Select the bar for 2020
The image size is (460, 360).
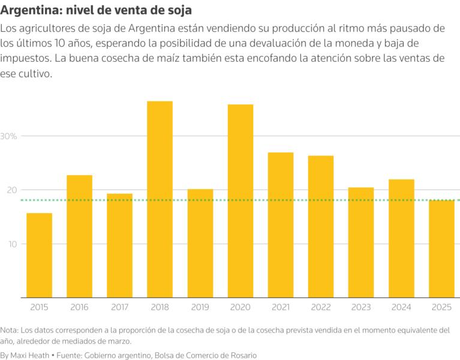tap(240, 201)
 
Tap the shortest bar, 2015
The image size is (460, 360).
tap(39, 255)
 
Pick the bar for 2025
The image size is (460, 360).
tap(441, 248)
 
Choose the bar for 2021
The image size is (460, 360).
tap(281, 225)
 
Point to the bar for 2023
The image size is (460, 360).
tap(361, 242)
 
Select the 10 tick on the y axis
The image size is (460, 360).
tap(11, 244)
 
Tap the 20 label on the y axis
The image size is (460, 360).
tap(11, 190)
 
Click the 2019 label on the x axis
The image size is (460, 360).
tap(200, 307)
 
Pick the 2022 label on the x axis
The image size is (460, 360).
tap(321, 307)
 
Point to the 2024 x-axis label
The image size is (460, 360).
tap(401, 307)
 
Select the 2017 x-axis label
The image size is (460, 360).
tap(119, 307)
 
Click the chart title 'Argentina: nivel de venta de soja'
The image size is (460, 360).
tap(96, 11)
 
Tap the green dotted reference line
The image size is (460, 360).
tap(180, 200)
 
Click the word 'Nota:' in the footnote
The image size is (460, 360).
tap(10, 330)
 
